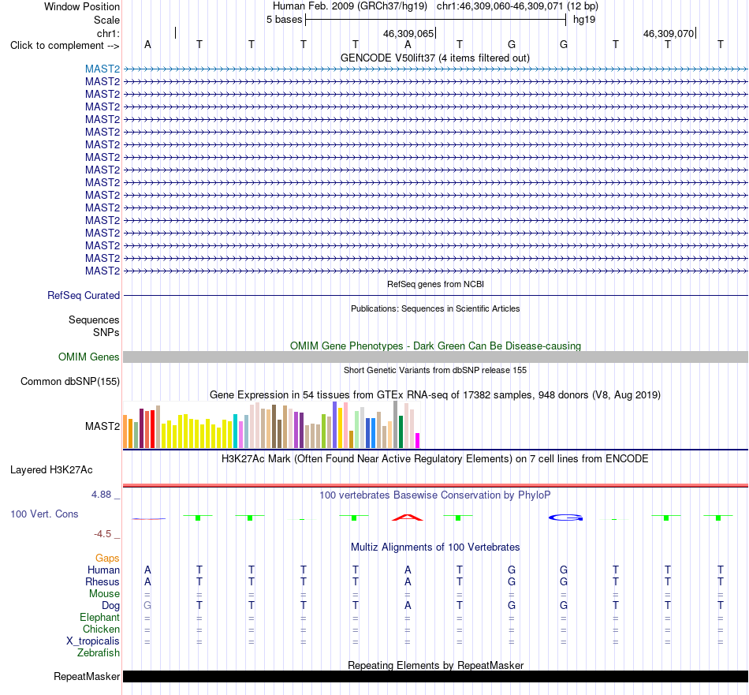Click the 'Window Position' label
pyautogui.click(x=82, y=6)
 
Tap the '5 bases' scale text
pyautogui.click(x=284, y=20)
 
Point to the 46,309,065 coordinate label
pyautogui.click(x=408, y=33)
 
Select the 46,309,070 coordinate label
pyautogui.click(x=669, y=33)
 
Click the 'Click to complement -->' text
pyautogui.click(x=65, y=46)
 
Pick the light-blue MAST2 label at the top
pyautogui.click(x=102, y=69)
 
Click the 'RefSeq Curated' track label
pyautogui.click(x=84, y=295)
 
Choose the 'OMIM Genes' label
pyautogui.click(x=89, y=357)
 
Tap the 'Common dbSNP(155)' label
pyautogui.click(x=70, y=382)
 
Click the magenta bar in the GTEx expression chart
pyautogui.click(x=417, y=440)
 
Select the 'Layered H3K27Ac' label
pyautogui.click(x=51, y=470)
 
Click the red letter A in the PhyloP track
pyautogui.click(x=408, y=518)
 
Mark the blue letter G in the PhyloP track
pyautogui.click(x=565, y=518)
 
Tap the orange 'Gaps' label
pyautogui.click(x=107, y=559)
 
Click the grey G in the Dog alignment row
pyautogui.click(x=147, y=605)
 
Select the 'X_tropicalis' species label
pyautogui.click(x=93, y=641)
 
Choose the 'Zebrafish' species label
pyautogui.click(x=99, y=652)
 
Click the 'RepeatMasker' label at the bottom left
pyautogui.click(x=87, y=676)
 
